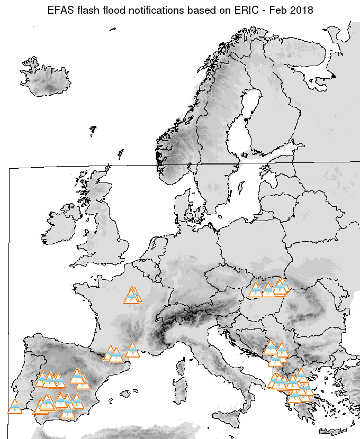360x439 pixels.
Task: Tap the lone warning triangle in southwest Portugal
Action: click(x=15, y=407)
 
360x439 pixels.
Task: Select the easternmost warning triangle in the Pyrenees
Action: click(x=132, y=350)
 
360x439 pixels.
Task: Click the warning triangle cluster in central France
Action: click(x=132, y=296)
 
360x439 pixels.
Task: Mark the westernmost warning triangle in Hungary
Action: click(x=256, y=290)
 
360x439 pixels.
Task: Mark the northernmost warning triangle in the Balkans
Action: click(x=271, y=347)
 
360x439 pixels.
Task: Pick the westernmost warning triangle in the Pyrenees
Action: click(x=110, y=353)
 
